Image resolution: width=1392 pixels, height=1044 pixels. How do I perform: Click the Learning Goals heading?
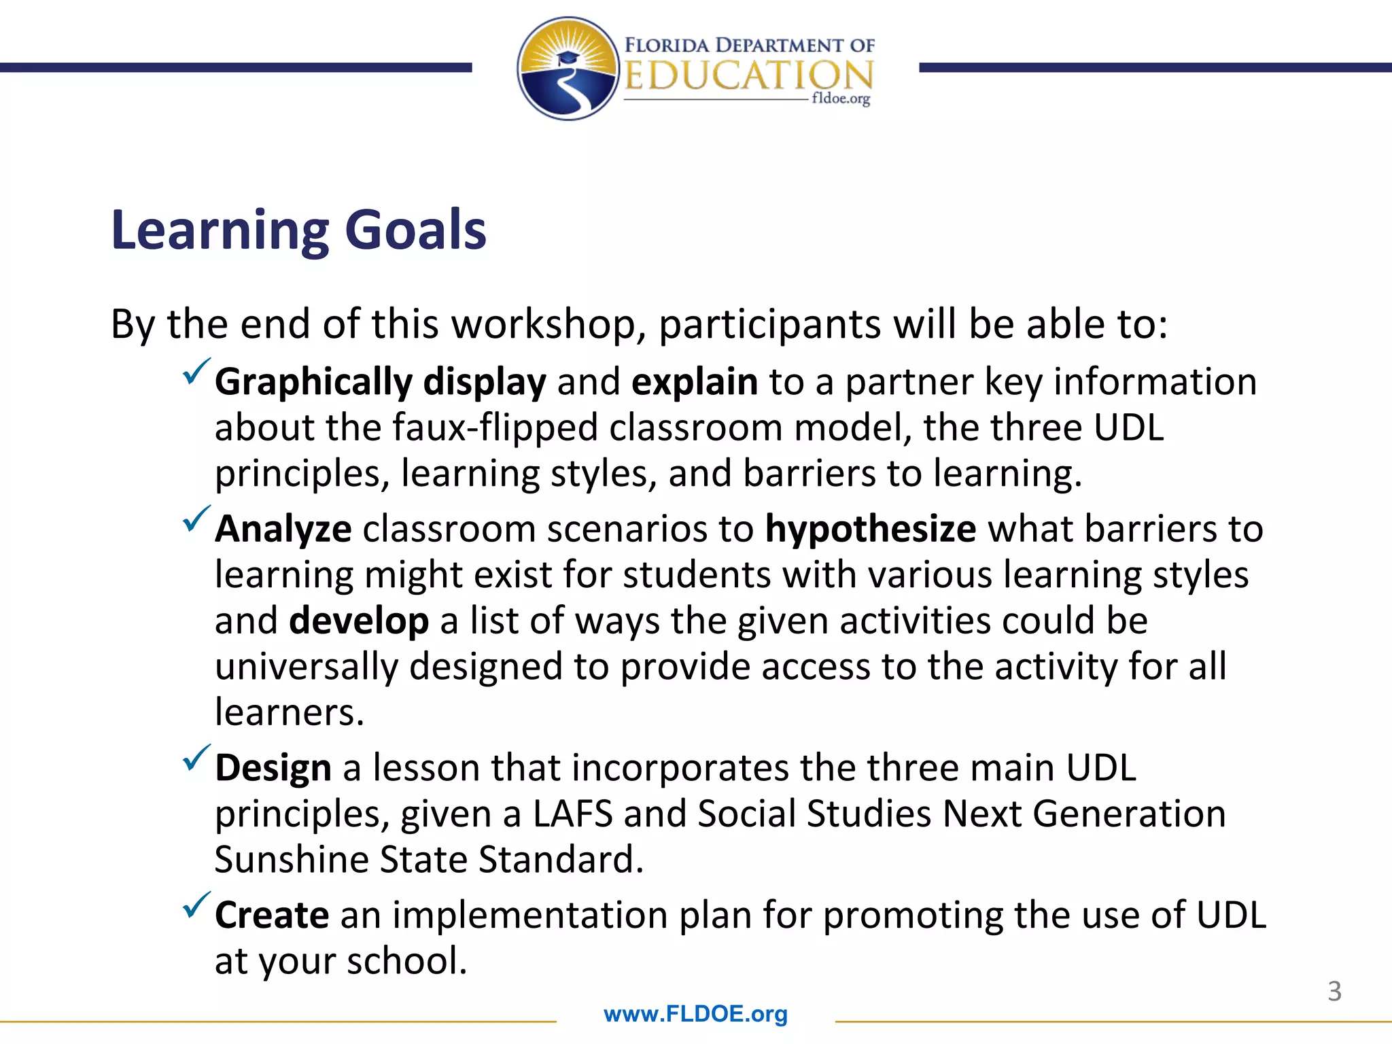[298, 230]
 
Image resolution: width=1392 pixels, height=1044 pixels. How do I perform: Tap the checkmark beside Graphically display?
[196, 372]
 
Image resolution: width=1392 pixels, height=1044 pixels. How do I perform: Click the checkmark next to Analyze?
[196, 519]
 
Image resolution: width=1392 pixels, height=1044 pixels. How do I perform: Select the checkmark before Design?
[196, 758]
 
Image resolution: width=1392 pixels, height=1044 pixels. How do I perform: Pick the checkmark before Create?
[196, 905]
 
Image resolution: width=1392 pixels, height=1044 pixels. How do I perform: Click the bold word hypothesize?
[871, 529]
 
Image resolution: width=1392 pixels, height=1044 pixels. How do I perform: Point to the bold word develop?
[358, 621]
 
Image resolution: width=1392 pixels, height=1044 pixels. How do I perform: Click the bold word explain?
[694, 382]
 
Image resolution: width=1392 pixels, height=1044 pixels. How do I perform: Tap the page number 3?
[1334, 992]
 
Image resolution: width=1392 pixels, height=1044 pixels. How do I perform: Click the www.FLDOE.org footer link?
[695, 1014]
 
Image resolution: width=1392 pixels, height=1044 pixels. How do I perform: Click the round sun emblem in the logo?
[568, 69]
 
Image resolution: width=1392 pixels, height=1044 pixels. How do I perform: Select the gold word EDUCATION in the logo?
[748, 76]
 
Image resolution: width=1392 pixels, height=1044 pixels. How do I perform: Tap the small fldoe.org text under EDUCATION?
[841, 99]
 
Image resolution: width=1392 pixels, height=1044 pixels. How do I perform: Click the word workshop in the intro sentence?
[549, 324]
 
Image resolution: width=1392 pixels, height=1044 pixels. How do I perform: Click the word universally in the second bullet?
[306, 667]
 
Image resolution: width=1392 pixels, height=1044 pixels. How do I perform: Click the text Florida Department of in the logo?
[749, 46]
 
